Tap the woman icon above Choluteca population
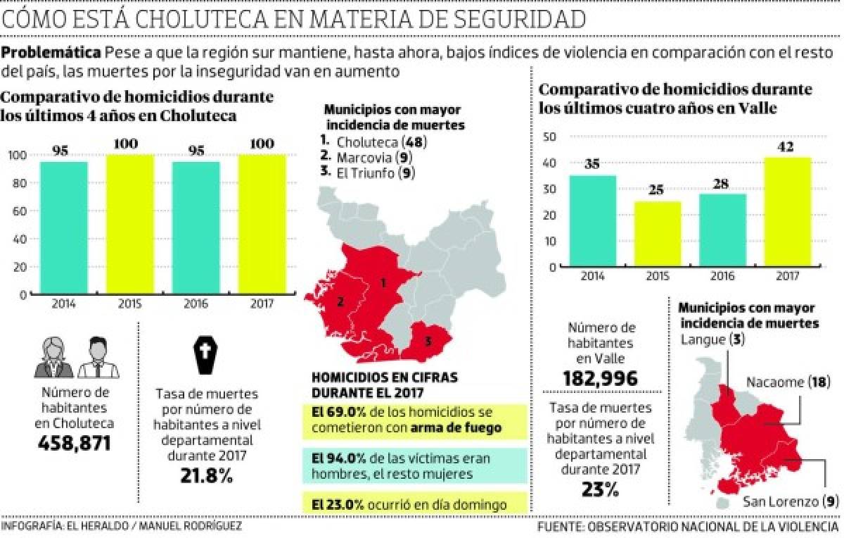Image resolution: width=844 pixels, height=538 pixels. (x=53, y=357)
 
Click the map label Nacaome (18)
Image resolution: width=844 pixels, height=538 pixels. (x=788, y=382)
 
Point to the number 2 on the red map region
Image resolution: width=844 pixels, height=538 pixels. (x=340, y=302)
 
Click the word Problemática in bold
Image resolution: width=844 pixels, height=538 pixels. (x=51, y=54)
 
